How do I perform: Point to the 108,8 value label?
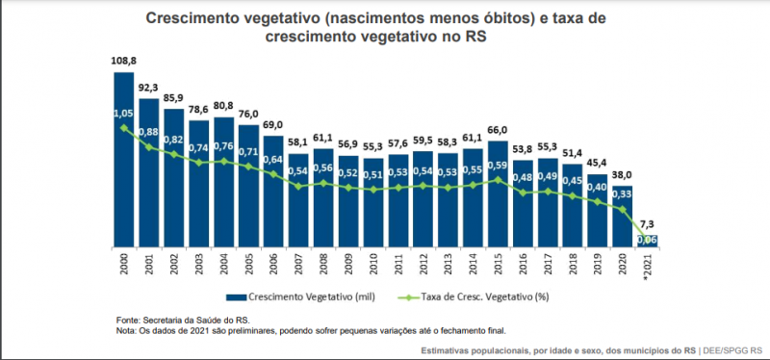[x=123, y=60]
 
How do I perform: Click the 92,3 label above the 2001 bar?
[x=148, y=87]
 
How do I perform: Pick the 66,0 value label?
[x=498, y=130]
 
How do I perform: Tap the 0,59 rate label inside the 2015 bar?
[x=498, y=165]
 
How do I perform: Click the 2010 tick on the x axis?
[x=373, y=265]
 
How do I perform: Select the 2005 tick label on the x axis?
[x=248, y=265]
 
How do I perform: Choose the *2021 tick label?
[x=648, y=267]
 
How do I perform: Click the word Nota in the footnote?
[x=125, y=330]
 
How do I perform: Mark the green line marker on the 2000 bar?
[x=123, y=127]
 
